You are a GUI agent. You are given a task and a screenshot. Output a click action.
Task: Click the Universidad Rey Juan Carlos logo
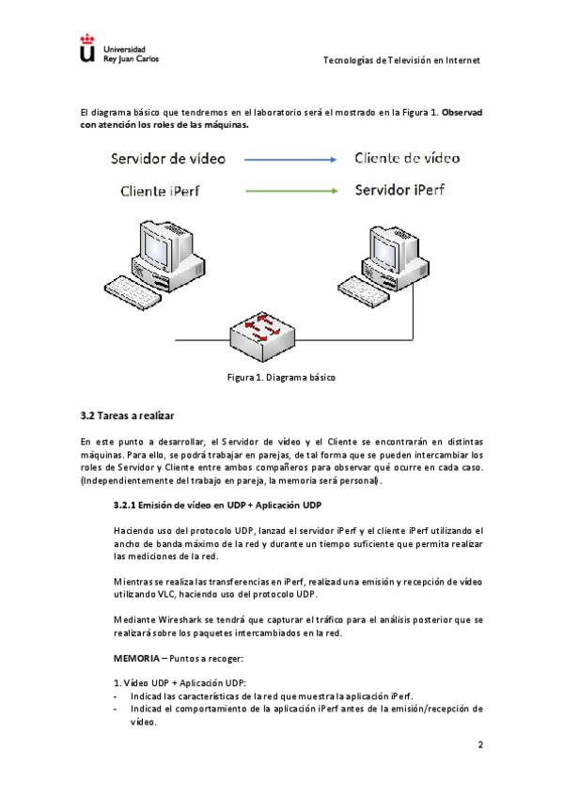point(119,49)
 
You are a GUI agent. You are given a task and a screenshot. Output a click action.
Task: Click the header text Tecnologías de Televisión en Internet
point(401,60)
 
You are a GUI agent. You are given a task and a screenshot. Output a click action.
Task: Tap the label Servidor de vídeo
point(168,159)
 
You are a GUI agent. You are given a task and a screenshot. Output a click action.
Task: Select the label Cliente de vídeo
point(407,158)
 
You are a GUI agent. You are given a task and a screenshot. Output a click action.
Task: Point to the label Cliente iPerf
point(160,191)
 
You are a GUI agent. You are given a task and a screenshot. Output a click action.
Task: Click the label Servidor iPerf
point(399,190)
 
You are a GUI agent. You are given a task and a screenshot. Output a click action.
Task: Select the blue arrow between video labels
point(290,160)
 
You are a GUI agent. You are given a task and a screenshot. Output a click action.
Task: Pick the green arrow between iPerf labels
point(291,191)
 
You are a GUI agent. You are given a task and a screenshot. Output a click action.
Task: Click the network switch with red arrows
point(262,336)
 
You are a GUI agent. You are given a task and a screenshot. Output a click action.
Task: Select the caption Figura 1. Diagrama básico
point(281,377)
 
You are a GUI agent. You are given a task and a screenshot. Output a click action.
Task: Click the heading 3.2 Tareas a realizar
point(127,415)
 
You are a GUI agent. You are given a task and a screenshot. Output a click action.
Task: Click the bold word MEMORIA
point(136,659)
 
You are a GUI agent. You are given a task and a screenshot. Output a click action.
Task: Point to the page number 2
point(480,744)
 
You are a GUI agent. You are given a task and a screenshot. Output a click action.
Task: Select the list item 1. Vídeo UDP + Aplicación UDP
point(180,683)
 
